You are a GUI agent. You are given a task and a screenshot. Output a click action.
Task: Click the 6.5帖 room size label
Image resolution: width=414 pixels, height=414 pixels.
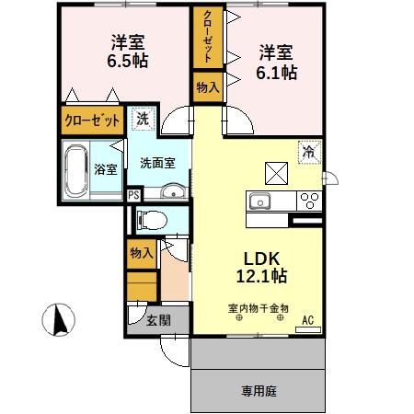pyautogui.click(x=130, y=61)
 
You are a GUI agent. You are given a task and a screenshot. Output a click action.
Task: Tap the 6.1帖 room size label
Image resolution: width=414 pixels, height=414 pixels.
pyautogui.click(x=276, y=70)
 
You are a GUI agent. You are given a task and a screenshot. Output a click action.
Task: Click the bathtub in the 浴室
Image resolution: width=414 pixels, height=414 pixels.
pyautogui.click(x=77, y=168)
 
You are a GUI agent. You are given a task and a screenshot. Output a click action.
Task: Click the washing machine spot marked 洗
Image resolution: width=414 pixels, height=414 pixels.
pyautogui.click(x=143, y=120)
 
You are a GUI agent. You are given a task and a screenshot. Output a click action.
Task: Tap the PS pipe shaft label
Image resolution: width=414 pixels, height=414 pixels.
pyautogui.click(x=133, y=194)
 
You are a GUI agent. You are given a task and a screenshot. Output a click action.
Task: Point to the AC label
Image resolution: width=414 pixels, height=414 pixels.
pyautogui.click(x=309, y=320)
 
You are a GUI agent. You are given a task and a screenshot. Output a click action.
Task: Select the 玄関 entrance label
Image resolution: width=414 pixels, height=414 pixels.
pyautogui.click(x=157, y=320)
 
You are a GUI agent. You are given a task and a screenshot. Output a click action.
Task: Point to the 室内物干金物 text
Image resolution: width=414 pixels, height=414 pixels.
pyautogui.click(x=259, y=308)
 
